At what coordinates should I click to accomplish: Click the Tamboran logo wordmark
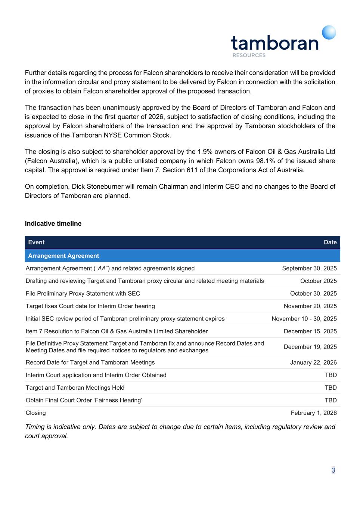274,43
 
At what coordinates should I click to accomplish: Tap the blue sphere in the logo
329,33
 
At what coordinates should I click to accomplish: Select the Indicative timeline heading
53,223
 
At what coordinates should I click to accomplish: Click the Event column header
36,242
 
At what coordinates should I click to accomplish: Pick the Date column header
330,242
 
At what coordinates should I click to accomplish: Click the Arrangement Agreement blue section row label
63,256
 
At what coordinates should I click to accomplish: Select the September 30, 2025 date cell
309,268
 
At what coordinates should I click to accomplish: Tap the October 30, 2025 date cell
313,293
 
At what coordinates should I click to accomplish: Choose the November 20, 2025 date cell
310,306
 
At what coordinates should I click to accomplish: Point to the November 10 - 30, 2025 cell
304,319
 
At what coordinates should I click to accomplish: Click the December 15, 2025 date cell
310,331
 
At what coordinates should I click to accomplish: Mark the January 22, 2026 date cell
313,362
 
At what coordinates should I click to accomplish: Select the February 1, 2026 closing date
314,413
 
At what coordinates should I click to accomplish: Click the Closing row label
36,413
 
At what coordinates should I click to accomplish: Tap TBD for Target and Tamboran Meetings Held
330,387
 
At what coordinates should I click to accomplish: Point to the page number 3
333,470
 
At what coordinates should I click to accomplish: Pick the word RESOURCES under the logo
249,55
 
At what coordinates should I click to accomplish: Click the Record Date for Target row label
90,362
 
